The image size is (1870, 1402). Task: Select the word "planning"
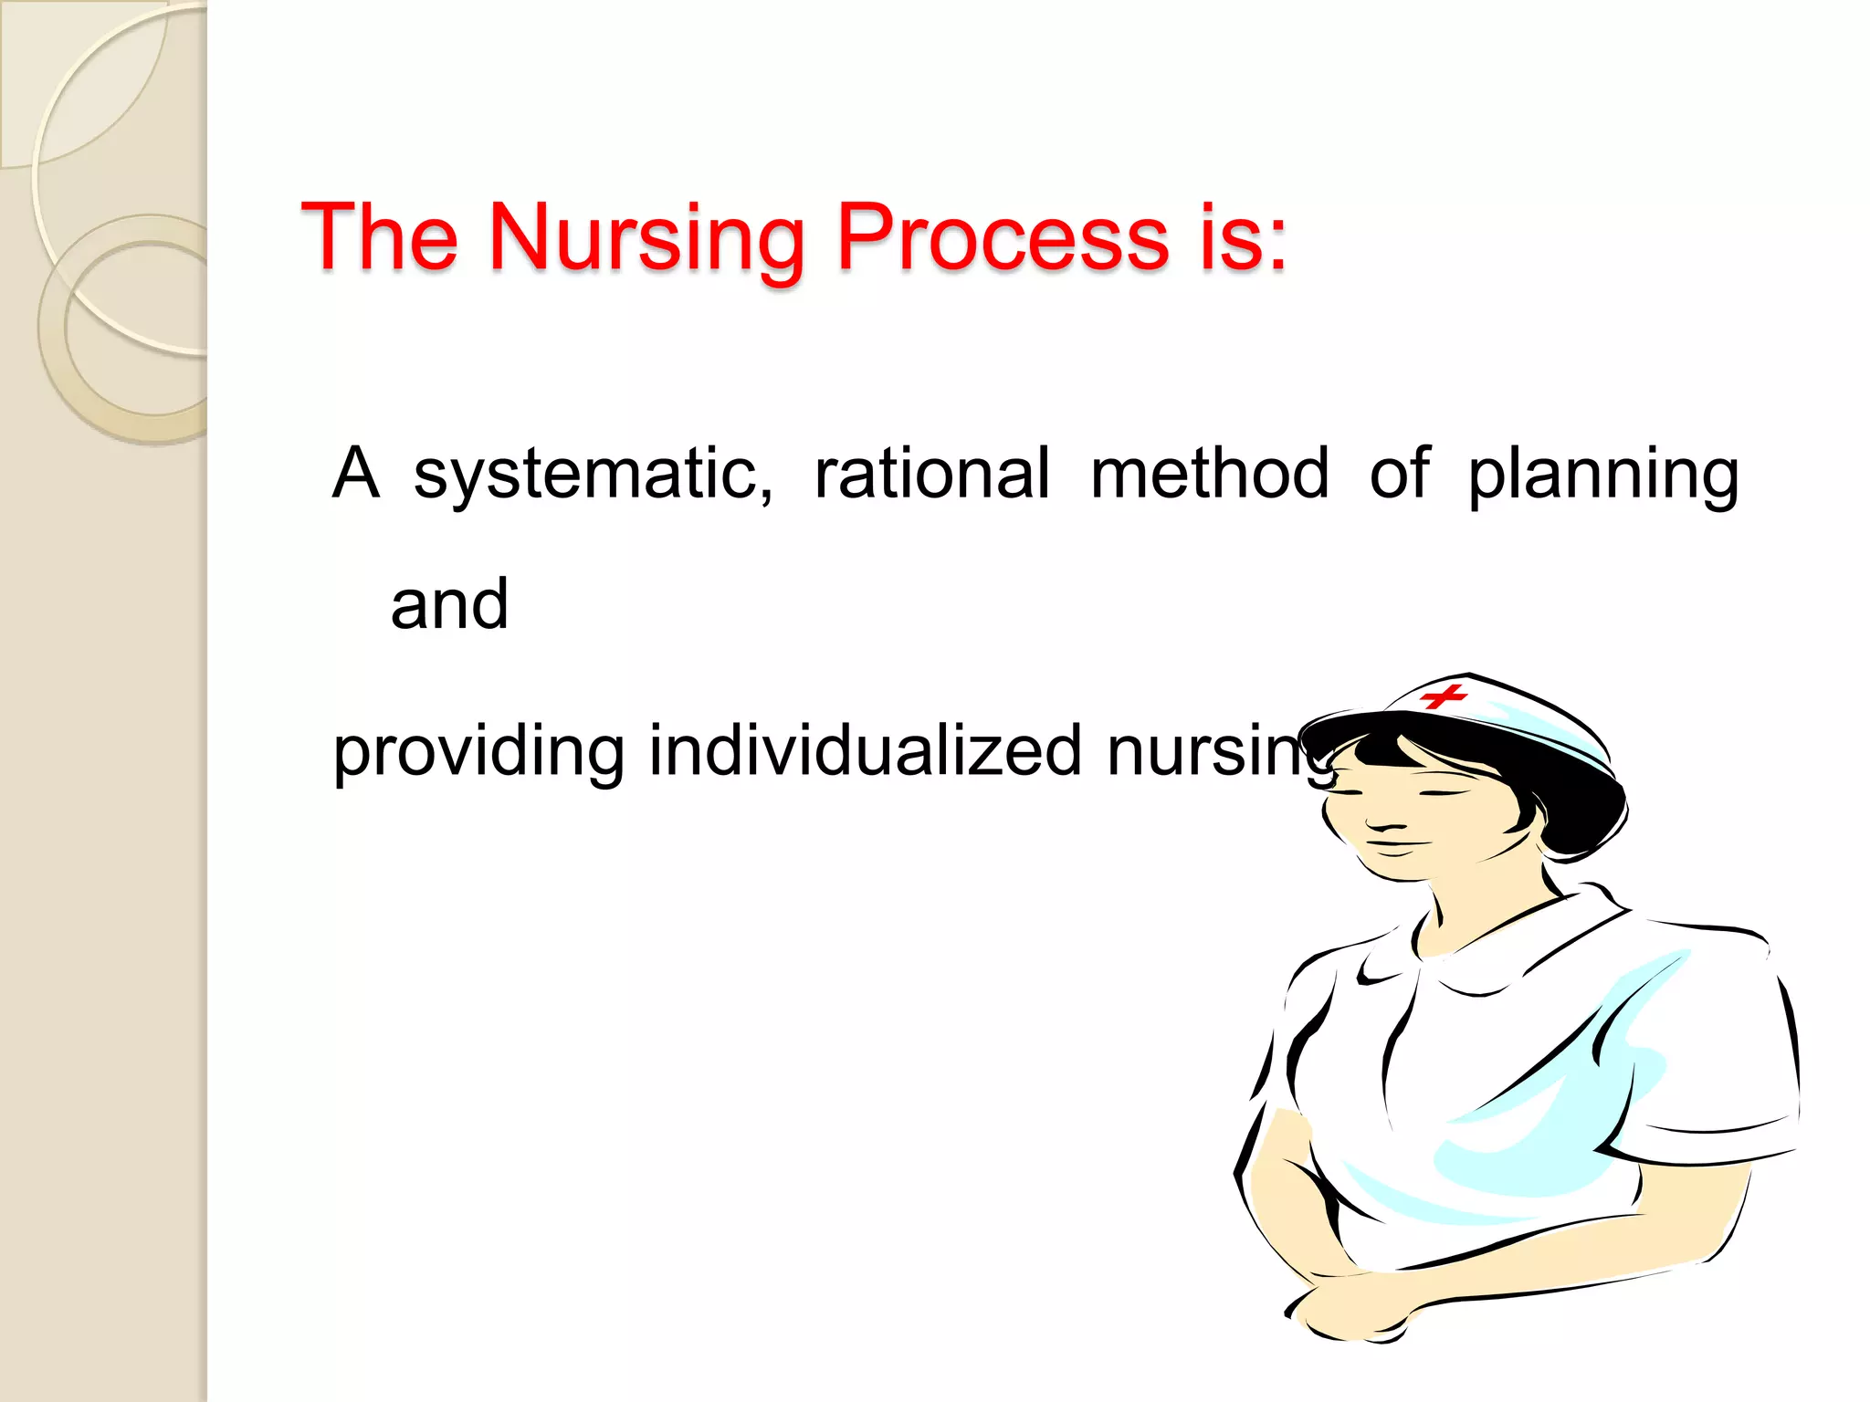pos(1603,476)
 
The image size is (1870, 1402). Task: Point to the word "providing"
pos(478,752)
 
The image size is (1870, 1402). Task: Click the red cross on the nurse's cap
pos(1444,696)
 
